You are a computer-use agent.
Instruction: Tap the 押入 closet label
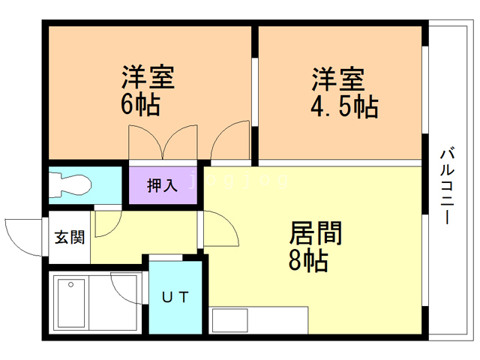point(162,185)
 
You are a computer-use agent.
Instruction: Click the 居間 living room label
point(315,233)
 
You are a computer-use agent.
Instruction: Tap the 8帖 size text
point(308,261)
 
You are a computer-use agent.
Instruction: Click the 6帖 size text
point(140,104)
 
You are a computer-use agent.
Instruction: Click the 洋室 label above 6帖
point(148,78)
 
